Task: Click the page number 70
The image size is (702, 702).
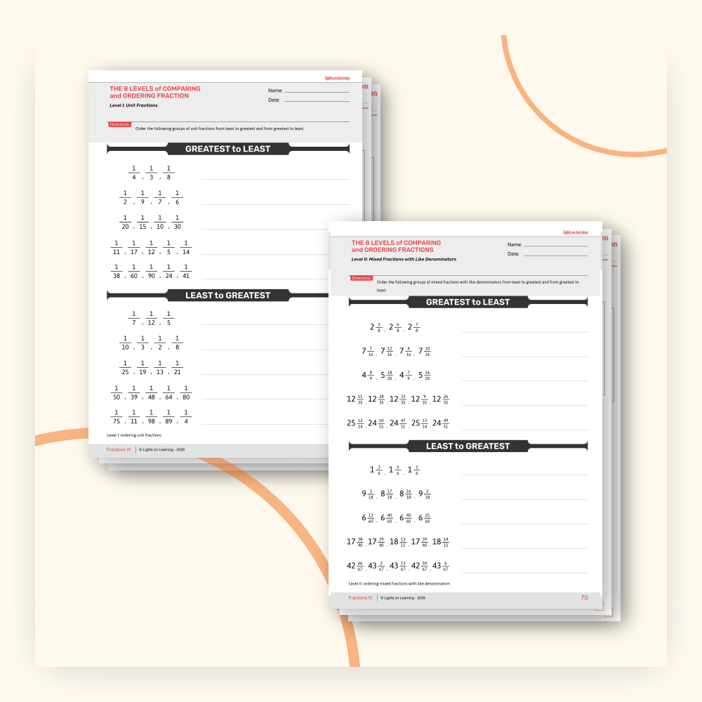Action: pyautogui.click(x=584, y=598)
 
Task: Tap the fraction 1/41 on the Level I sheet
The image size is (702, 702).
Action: pyautogui.click(x=186, y=271)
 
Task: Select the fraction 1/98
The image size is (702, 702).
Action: pyautogui.click(x=150, y=415)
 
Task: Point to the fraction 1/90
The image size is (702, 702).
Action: pyautogui.click(x=150, y=271)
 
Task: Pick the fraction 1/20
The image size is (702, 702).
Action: pyautogui.click(x=125, y=222)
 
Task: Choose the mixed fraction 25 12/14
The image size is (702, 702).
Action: pyautogui.click(x=356, y=423)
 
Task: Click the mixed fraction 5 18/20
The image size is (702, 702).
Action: pyautogui.click(x=390, y=375)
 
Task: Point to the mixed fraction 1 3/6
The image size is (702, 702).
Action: pyautogui.click(x=376, y=470)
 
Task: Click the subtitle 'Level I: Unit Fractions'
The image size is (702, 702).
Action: pyautogui.click(x=133, y=105)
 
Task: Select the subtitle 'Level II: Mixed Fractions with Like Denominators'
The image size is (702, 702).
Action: pyautogui.click(x=404, y=259)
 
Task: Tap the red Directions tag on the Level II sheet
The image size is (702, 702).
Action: pyautogui.click(x=362, y=278)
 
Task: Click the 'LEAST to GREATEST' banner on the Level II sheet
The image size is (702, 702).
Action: pyautogui.click(x=468, y=446)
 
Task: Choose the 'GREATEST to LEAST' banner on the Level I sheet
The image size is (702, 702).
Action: pyautogui.click(x=227, y=149)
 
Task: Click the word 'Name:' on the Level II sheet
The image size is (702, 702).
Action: pyautogui.click(x=515, y=244)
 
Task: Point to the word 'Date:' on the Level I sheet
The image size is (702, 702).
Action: pyautogui.click(x=274, y=100)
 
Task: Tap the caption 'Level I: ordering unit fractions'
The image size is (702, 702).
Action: pyautogui.click(x=133, y=435)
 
